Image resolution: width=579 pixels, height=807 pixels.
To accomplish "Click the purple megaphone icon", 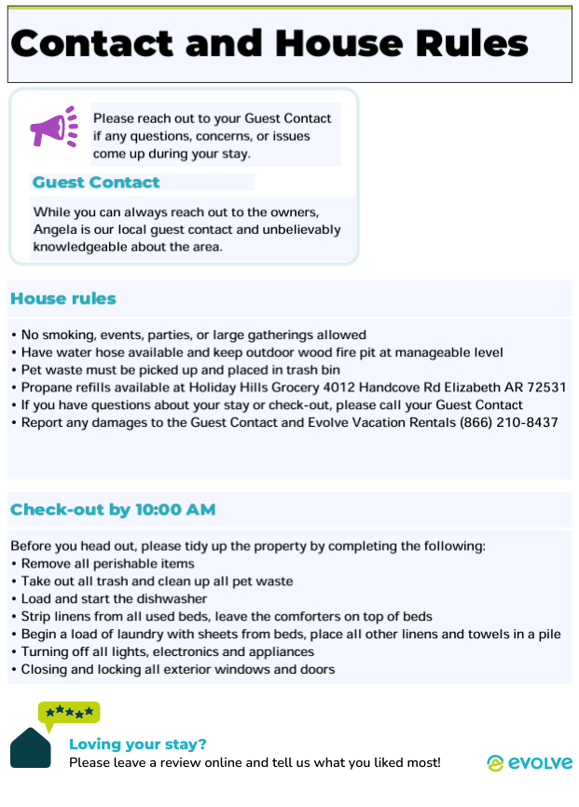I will tap(53, 129).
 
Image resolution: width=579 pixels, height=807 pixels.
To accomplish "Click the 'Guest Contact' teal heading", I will tap(96, 183).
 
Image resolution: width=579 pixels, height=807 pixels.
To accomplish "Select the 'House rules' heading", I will tap(63, 299).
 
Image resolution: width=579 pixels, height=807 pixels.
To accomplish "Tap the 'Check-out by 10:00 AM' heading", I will tap(113, 510).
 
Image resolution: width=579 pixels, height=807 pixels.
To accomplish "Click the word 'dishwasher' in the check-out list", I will tap(172, 598).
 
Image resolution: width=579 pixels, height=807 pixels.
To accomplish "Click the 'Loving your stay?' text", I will tap(138, 744).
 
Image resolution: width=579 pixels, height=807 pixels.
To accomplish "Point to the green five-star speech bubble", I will tap(69, 713).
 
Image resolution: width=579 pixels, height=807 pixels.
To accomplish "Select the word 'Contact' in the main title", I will tap(90, 44).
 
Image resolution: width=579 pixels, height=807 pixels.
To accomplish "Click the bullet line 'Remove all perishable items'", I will tap(107, 563).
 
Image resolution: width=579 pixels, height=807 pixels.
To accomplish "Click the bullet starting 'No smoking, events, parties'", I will tap(193, 335).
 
